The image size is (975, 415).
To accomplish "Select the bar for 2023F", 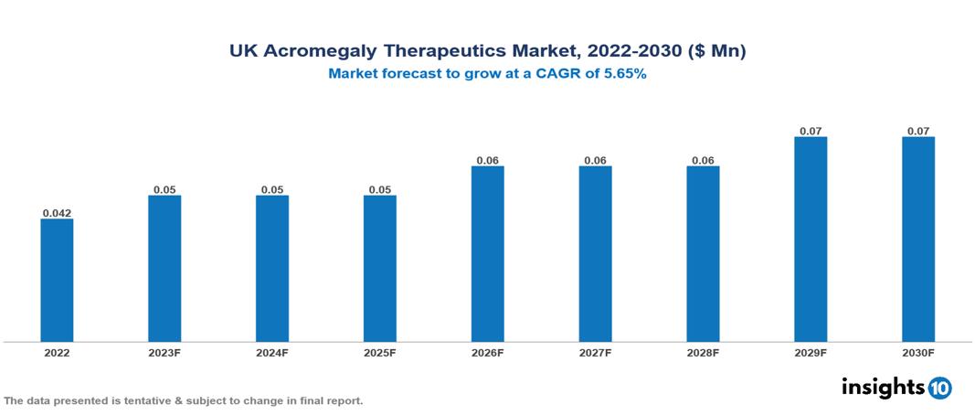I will tap(164, 269).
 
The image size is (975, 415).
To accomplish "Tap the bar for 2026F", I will tap(488, 254).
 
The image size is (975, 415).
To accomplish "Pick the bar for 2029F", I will tap(811, 239).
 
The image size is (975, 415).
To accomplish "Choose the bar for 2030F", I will tap(918, 239).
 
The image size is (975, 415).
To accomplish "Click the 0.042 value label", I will tap(57, 213).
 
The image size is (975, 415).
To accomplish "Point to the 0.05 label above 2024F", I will tap(272, 189).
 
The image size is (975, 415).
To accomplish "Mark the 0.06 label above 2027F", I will tap(595, 160).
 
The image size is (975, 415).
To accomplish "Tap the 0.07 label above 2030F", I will tap(918, 131).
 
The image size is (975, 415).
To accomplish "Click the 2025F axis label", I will tap(380, 353).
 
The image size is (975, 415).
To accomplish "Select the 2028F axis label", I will tap(703, 353).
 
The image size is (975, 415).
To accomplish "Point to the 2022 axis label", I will tap(57, 353).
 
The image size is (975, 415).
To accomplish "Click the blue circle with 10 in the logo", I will tap(940, 388).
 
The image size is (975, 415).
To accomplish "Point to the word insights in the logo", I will tap(883, 387).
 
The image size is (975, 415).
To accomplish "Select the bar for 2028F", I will tap(703, 254).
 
